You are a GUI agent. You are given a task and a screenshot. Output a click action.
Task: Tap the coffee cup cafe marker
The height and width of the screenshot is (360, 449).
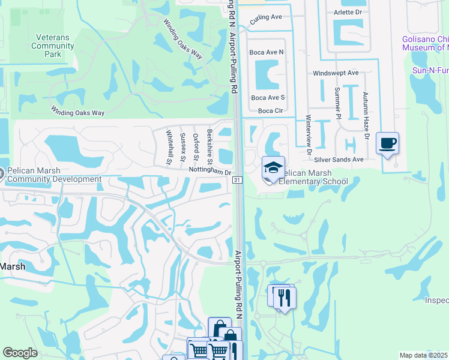387,143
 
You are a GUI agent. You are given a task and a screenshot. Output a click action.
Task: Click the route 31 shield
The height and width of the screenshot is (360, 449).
238,180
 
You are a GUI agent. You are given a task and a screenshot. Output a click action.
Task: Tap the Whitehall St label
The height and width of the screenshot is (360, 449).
169,147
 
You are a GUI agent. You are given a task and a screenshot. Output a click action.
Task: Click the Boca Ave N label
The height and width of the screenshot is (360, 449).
267,52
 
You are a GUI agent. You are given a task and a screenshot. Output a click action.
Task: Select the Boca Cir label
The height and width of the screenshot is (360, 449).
270,110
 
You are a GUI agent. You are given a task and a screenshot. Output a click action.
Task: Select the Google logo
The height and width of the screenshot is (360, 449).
20,353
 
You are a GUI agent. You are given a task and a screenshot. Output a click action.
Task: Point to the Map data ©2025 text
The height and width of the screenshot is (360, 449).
423,355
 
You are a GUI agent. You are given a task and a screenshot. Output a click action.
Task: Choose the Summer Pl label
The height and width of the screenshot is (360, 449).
337,103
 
